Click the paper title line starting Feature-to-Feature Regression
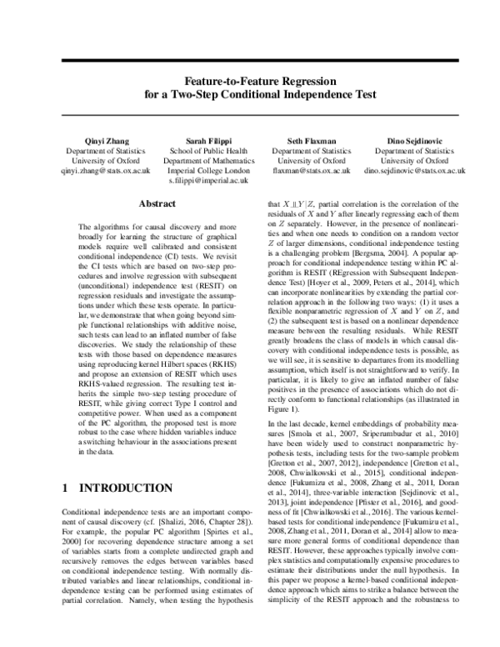click(x=250, y=82)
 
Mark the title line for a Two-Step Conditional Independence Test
click(x=250, y=95)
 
